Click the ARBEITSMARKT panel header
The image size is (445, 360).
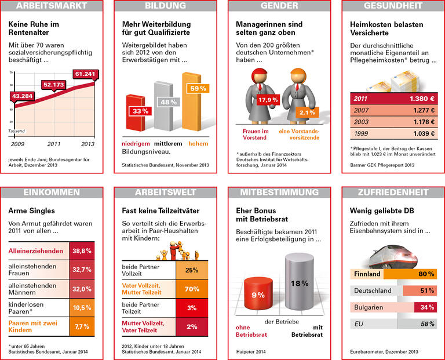coord(52,6)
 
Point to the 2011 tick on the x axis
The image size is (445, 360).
coord(54,143)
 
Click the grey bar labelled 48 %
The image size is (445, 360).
coord(164,107)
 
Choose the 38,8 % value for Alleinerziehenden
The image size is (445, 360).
coord(82,250)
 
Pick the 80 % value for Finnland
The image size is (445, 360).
coord(426,274)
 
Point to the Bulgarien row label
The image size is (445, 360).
coord(371,307)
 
